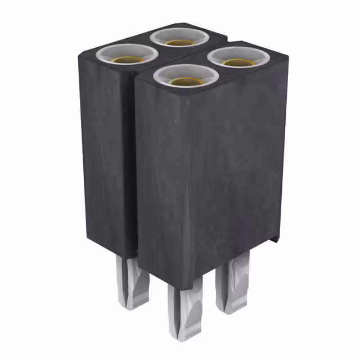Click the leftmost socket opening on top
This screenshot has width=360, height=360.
coord(127,55)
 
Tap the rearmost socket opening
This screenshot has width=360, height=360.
coord(179,37)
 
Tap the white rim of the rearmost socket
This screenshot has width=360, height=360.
coord(179,30)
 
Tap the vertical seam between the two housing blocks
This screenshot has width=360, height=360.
coord(135,169)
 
